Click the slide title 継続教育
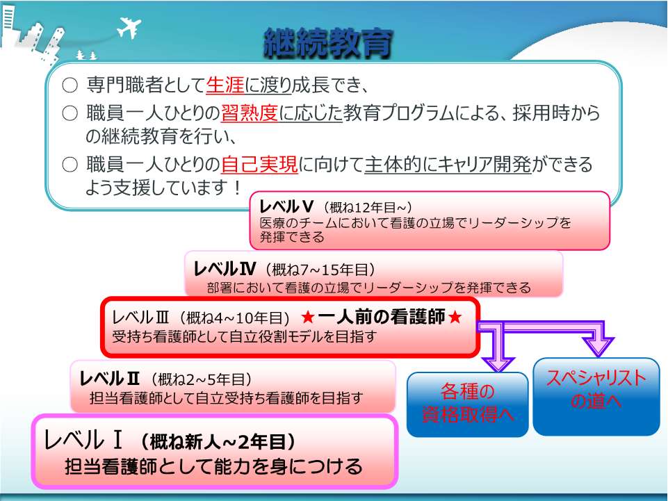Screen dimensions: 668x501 coord(327,44)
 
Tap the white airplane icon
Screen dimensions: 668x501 coord(129,28)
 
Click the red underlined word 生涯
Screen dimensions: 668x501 coord(225,85)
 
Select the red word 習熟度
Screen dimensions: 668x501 coord(250,113)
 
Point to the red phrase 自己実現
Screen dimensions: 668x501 coord(259,165)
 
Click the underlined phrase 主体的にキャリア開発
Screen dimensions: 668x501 coord(448,165)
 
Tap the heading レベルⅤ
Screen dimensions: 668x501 coord(286,206)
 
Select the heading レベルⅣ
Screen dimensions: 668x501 coord(225,269)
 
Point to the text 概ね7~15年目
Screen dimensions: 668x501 coord(320,270)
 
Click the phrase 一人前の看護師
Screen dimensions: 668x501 coord(382,317)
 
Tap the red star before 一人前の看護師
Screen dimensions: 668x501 coord(308,317)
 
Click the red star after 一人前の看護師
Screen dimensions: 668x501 coord(455,317)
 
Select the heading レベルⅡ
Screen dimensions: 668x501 coord(110,378)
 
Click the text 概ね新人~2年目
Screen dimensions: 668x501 coord(218,442)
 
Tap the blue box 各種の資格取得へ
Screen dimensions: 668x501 coord(467,404)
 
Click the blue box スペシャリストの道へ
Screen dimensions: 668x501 coord(596,397)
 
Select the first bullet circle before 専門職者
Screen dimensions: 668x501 coord(70,85)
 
